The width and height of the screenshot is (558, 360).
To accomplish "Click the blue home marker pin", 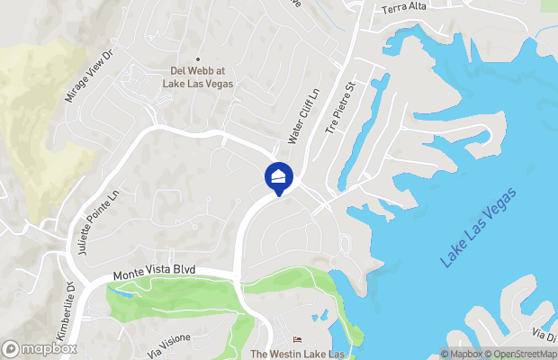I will tap(279, 176).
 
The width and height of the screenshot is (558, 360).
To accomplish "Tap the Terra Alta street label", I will tap(406, 9).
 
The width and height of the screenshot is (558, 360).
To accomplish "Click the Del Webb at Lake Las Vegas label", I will tap(198, 77).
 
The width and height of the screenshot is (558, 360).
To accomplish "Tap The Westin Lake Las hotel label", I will tap(298, 353).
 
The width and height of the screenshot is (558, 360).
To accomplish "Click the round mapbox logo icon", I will tap(11, 348).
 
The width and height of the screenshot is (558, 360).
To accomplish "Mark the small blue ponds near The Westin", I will tap(322, 315).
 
